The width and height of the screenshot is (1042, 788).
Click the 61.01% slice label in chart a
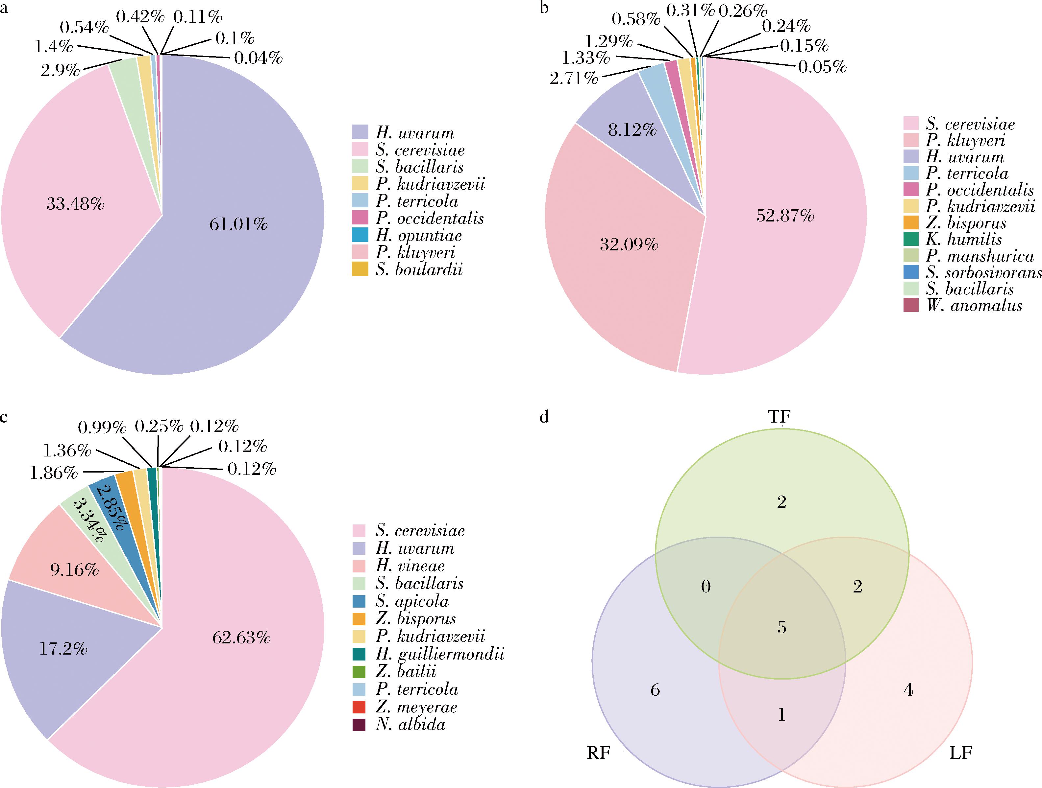[x=238, y=224]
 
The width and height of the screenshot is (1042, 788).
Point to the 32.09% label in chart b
[x=629, y=245]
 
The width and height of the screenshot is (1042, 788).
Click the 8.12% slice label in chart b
[x=632, y=130]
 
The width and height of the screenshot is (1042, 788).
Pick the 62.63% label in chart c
[x=241, y=638]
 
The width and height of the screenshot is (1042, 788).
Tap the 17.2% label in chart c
[x=63, y=649]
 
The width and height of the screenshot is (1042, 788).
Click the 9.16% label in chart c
[x=74, y=570]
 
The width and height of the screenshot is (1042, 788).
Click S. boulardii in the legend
[x=419, y=270]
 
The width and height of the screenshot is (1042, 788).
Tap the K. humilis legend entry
[x=964, y=239]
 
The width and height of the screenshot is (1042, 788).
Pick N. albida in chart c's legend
[x=410, y=725]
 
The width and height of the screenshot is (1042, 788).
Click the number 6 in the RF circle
[x=655, y=690]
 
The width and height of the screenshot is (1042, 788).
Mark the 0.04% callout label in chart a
[x=258, y=58]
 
